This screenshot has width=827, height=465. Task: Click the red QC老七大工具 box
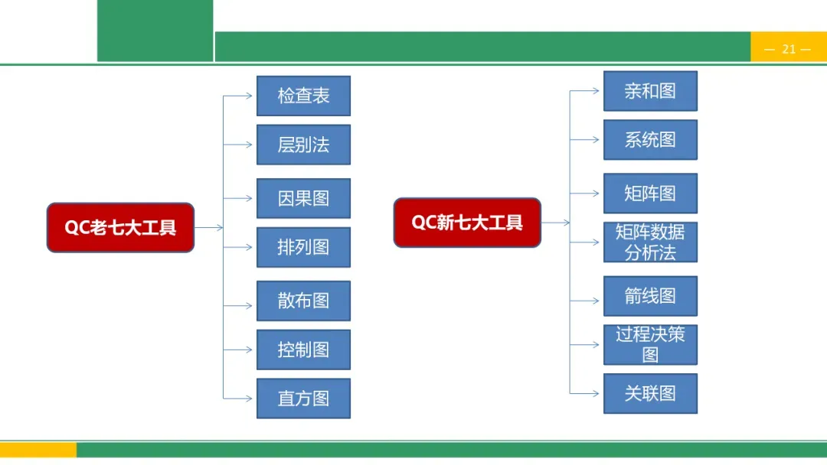tap(120, 227)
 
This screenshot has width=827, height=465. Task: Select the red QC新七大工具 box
tap(467, 223)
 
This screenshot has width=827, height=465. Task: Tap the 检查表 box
tap(303, 96)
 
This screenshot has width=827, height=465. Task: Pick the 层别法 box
tap(303, 145)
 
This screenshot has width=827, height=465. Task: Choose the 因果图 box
tap(303, 198)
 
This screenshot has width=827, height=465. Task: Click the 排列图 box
tap(303, 247)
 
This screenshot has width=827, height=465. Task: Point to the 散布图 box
tap(303, 301)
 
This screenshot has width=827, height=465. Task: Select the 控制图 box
tap(303, 350)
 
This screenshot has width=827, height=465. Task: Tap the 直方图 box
tap(303, 398)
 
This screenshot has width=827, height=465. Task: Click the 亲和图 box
tap(650, 91)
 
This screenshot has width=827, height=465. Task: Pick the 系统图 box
tap(650, 140)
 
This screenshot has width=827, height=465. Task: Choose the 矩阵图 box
tap(650, 193)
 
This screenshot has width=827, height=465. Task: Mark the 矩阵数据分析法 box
tap(650, 242)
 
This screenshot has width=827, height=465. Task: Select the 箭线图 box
tap(650, 296)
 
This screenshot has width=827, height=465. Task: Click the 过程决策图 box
tap(650, 345)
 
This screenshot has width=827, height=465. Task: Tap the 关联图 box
tap(650, 394)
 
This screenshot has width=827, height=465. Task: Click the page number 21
tap(789, 49)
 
